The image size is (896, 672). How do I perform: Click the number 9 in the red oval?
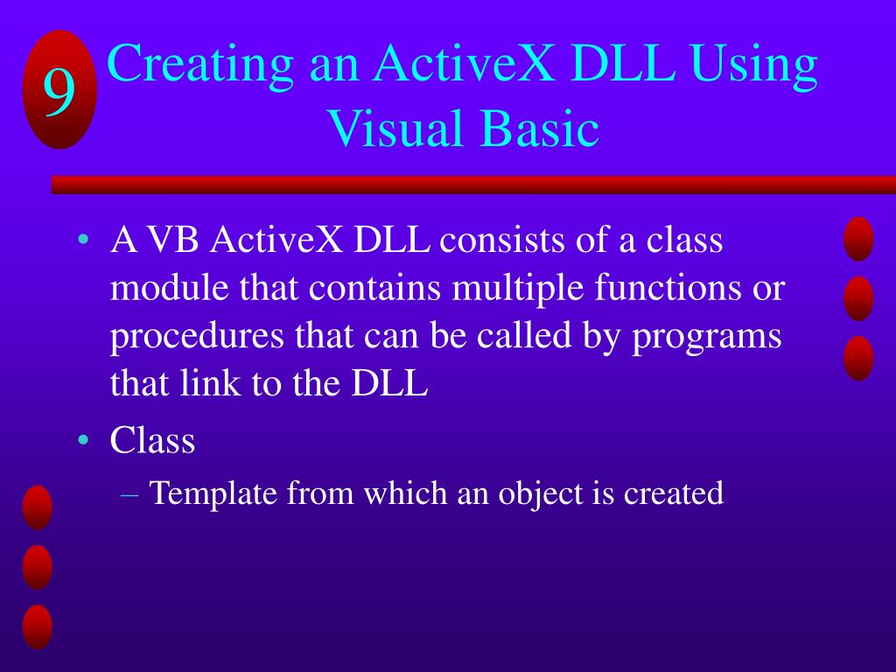(59, 91)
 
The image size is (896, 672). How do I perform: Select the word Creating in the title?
(200, 66)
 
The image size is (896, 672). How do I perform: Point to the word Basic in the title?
(540, 129)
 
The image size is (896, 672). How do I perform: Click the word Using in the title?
(753, 66)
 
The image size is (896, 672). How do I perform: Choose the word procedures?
(197, 338)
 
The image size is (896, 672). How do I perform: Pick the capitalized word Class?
(152, 441)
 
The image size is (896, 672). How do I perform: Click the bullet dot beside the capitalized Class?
(84, 440)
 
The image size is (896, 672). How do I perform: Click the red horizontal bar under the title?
(473, 185)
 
